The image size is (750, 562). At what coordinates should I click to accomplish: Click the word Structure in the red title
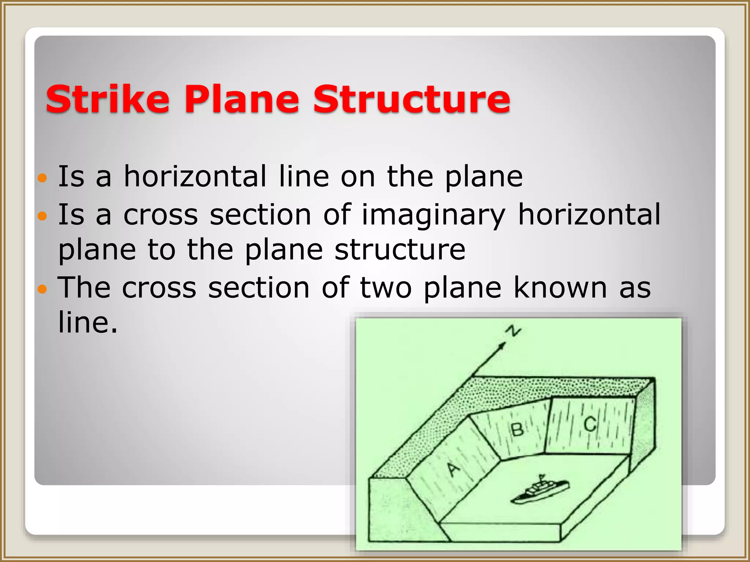click(x=411, y=99)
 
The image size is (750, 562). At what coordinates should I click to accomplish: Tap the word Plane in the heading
click(x=242, y=99)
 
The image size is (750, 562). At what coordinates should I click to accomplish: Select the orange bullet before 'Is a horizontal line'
click(x=42, y=179)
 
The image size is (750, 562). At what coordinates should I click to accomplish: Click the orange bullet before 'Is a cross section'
click(x=42, y=216)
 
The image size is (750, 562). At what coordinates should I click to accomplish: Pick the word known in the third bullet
click(x=560, y=288)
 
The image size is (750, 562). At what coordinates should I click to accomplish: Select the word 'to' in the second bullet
click(x=161, y=250)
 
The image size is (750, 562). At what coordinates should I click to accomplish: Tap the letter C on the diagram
click(x=590, y=425)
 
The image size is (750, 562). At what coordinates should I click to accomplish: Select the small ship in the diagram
click(x=540, y=491)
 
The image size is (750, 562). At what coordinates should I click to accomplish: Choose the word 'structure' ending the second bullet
click(x=400, y=250)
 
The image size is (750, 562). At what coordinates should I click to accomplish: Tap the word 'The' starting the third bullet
click(x=84, y=288)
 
